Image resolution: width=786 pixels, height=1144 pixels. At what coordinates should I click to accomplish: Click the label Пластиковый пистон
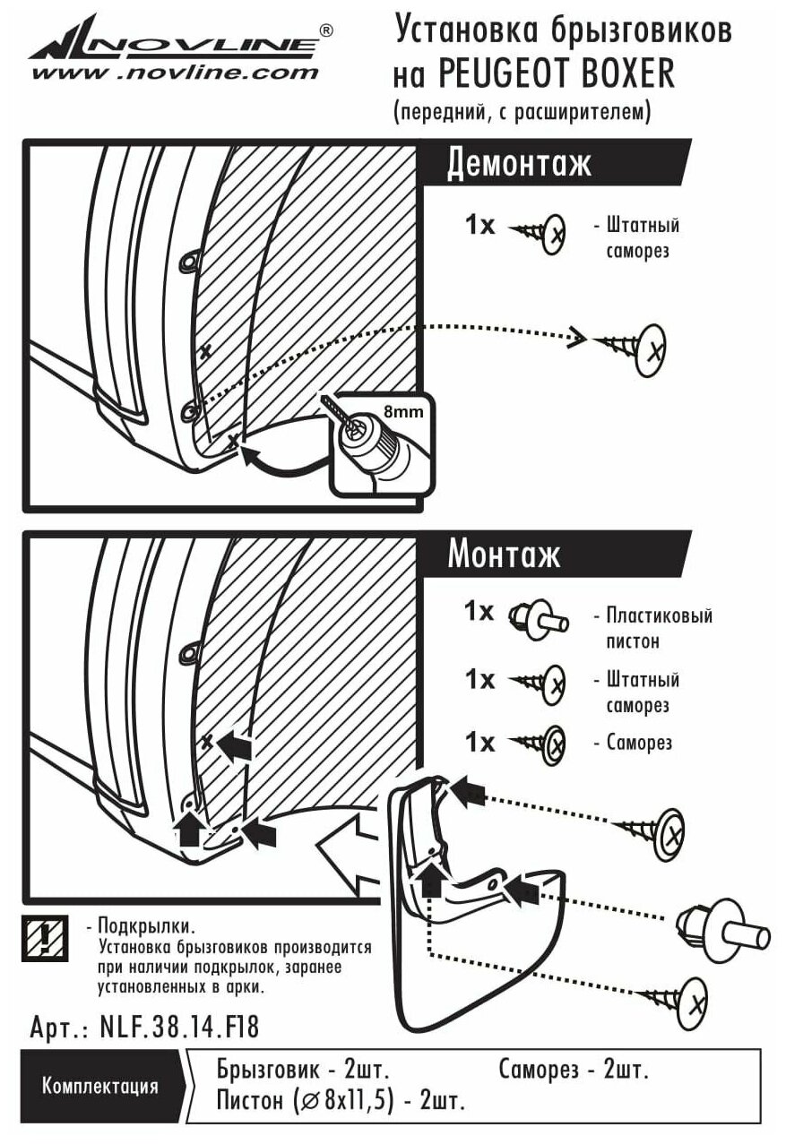point(654,628)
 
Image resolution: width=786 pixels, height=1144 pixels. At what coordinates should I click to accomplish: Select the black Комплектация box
point(99,1087)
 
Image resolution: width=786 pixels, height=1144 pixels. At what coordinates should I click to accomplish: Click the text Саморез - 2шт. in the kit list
point(574,1070)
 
